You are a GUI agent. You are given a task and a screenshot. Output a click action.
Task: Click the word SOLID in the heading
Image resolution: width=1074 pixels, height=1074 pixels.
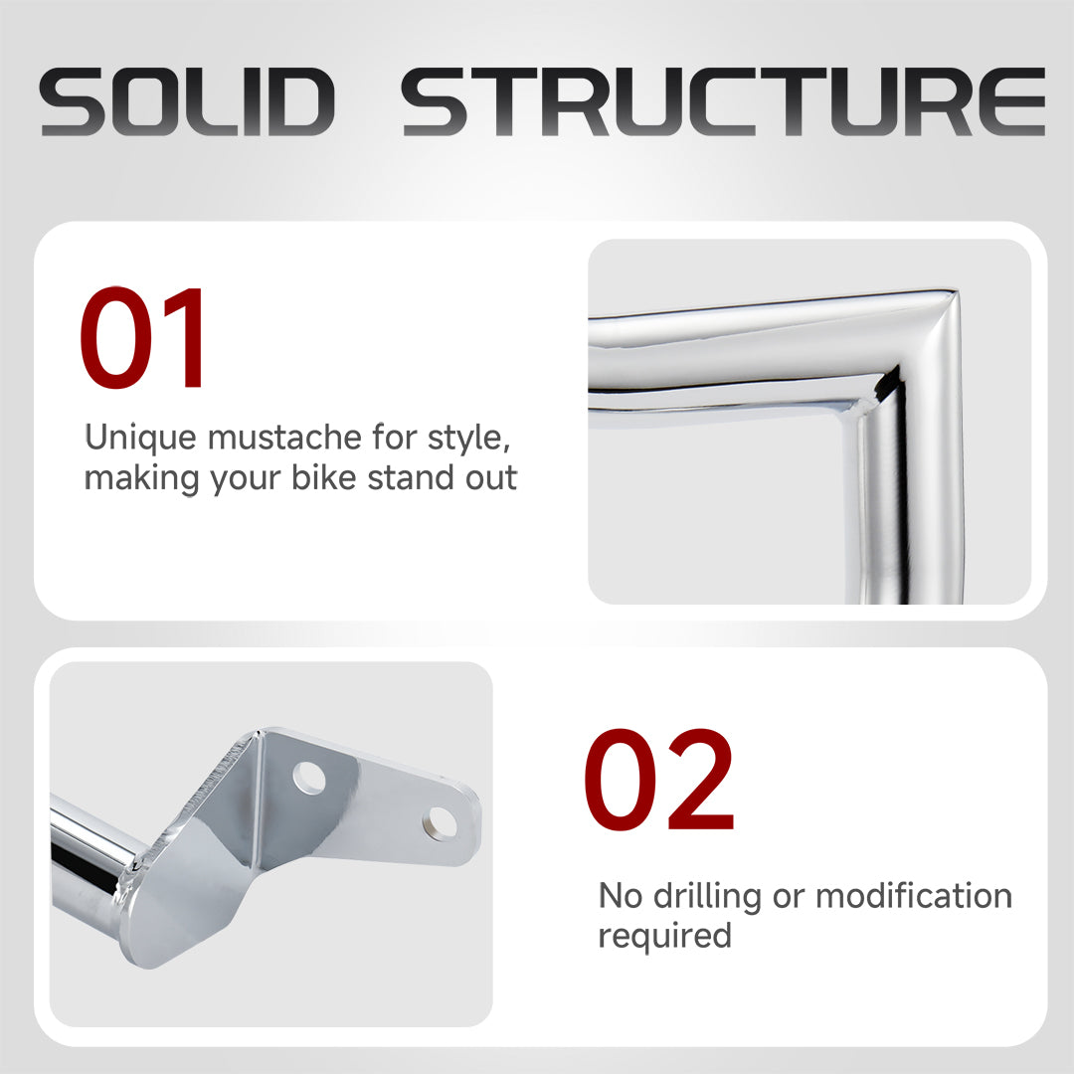click(x=187, y=101)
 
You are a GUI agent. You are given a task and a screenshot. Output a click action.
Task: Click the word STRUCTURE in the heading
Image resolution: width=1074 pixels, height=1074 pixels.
click(x=723, y=101)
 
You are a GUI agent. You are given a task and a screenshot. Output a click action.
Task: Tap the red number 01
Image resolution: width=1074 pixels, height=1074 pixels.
click(x=142, y=338)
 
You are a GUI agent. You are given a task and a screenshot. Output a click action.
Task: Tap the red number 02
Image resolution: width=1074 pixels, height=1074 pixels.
click(x=659, y=780)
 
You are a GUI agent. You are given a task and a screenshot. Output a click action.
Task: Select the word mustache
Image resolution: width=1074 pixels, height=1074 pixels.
click(x=283, y=437)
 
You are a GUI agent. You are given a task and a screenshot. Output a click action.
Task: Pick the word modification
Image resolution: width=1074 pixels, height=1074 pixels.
click(x=914, y=895)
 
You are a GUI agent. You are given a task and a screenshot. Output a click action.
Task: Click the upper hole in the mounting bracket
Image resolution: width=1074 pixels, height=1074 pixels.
click(x=309, y=778)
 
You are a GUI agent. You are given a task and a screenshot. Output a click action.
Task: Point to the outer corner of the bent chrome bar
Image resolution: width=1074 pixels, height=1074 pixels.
click(x=954, y=293)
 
